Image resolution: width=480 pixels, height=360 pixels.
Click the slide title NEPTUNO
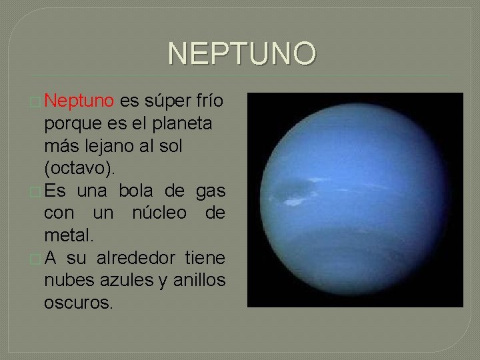(x=241, y=54)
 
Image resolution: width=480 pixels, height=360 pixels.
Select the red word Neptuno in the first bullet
(x=79, y=102)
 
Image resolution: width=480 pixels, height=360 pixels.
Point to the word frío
(x=207, y=102)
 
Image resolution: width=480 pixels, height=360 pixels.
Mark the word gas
(x=211, y=191)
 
